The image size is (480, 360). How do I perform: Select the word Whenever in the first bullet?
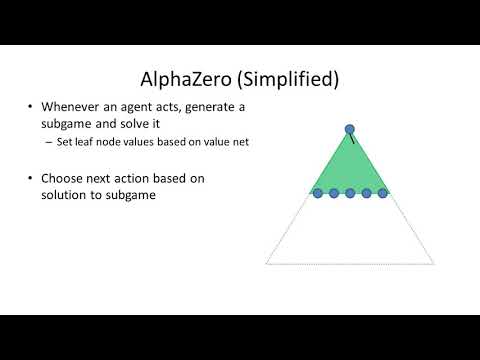click(72, 107)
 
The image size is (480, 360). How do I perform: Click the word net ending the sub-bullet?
click(239, 141)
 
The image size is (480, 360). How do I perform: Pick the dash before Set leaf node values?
click(49, 141)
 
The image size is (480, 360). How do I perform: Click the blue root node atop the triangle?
click(350, 129)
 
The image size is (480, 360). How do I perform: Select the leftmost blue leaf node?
click(318, 193)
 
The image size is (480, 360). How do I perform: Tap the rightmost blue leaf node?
click(382, 193)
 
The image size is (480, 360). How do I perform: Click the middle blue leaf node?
click(350, 193)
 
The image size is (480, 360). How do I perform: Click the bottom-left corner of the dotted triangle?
click(266, 263)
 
